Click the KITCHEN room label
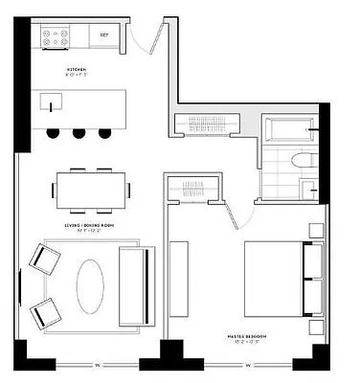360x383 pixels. tap(78, 70)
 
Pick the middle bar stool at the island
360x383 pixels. tap(78, 131)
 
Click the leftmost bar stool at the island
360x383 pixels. tap(53, 131)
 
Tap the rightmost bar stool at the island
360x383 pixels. tap(102, 131)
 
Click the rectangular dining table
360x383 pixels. tap(93, 186)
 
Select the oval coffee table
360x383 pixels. tap(93, 283)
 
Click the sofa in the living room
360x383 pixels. tap(133, 281)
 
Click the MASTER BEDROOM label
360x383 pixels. tap(247, 336)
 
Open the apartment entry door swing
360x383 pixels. tap(144, 42)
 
